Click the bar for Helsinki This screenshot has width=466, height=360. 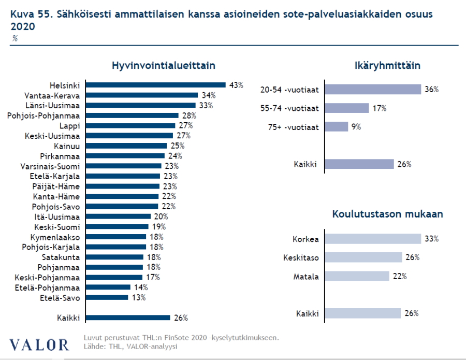coord(155,85)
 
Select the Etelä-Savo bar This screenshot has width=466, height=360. coord(107,297)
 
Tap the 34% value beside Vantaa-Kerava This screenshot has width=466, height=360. coord(208,95)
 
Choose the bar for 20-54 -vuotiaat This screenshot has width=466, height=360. coord(372,89)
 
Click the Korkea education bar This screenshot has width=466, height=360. coord(372,239)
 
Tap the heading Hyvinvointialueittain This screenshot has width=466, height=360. coord(164,66)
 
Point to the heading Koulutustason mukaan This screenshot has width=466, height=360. coord(388,214)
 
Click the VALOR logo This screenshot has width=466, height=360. coord(39,344)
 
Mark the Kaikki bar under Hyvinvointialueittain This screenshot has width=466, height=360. coord(128,318)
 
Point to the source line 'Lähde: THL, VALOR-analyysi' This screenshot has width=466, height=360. coord(130,346)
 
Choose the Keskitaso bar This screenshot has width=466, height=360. coord(363,257)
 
